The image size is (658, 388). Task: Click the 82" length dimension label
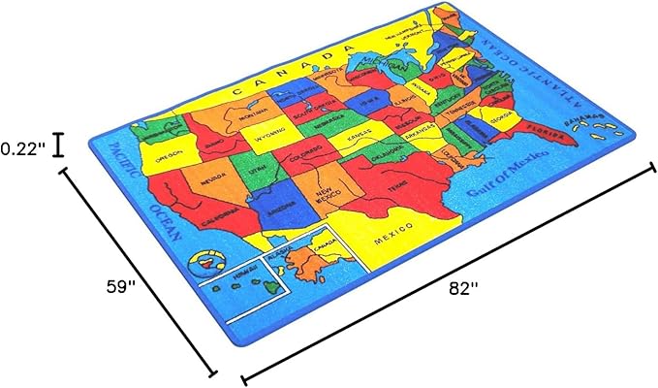coord(464,288)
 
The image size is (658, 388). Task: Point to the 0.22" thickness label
coord(22,148)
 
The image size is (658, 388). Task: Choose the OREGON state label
coord(171,154)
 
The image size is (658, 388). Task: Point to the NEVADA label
coord(214,179)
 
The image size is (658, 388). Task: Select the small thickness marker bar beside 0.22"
coord(59,144)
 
